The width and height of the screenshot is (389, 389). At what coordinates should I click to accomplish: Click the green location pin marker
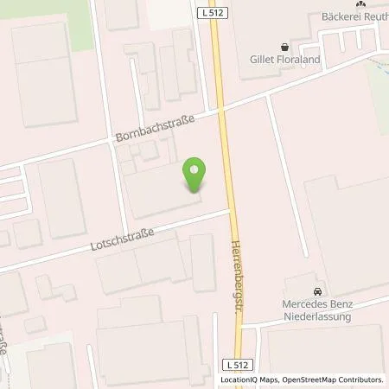(195, 175)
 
